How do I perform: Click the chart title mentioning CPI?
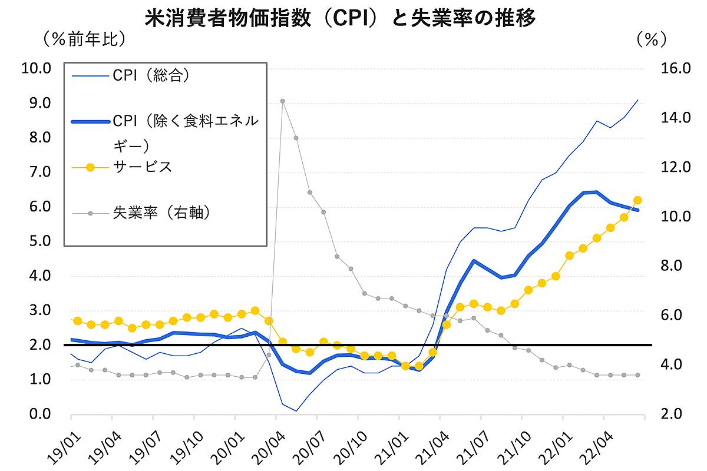coord(340,19)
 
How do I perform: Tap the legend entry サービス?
coord(142,167)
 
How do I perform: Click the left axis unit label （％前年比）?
coord(82,39)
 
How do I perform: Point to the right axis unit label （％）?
coord(651,39)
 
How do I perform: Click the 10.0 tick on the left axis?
coord(37,68)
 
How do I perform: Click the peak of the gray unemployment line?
coord(283,101)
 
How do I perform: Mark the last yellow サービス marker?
coord(637,200)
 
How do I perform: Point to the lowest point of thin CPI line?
coord(296,411)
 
